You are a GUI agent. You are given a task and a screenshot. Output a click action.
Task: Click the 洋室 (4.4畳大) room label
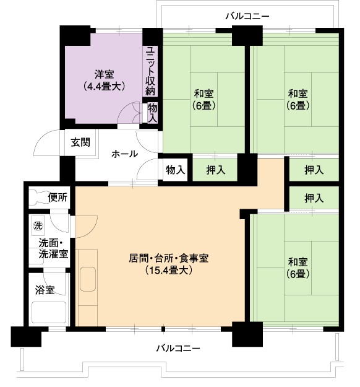104,80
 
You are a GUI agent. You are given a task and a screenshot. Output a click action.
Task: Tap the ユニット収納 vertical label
150,71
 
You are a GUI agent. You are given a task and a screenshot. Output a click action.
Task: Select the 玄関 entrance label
80,142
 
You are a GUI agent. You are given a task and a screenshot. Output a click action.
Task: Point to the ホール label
124,154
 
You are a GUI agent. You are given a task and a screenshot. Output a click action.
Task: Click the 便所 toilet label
58,197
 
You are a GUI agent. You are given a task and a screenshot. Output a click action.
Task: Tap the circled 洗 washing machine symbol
38,226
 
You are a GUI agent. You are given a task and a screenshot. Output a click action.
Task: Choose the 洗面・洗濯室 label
53,249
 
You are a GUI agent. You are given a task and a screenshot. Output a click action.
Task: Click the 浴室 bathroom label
45,290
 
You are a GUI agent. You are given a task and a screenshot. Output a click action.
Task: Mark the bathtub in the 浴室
49,312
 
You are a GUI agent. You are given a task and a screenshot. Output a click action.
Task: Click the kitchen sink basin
88,279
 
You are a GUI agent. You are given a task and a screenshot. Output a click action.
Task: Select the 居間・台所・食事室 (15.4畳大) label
169,264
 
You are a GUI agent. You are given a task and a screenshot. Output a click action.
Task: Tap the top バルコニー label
247,16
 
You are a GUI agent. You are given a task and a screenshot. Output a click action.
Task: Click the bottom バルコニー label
178,348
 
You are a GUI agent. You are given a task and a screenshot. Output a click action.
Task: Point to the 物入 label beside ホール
175,170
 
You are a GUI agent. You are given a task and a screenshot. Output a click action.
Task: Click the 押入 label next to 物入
216,170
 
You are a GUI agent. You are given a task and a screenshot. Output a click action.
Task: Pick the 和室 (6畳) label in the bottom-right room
298,267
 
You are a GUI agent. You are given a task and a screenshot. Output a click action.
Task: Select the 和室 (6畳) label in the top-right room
298,100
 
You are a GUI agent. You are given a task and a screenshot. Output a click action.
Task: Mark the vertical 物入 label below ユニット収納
153,113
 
